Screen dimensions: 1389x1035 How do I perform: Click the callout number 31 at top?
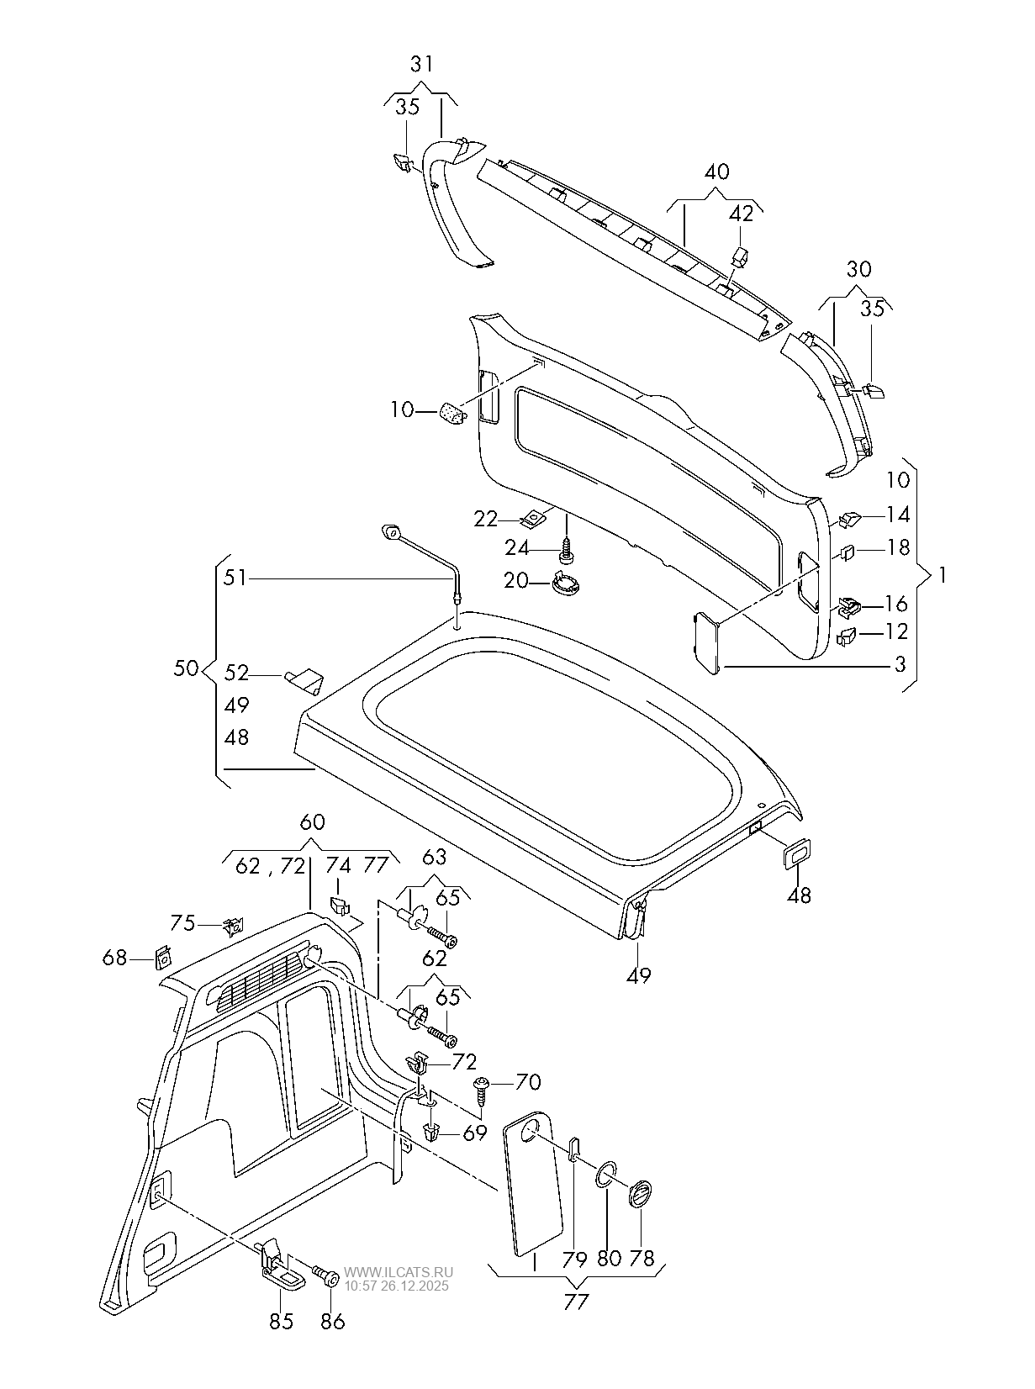point(423,64)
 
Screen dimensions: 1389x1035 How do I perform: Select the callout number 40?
point(716,172)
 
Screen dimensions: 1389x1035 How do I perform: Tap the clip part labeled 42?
point(741,256)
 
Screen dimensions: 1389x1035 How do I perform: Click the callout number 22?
point(485,520)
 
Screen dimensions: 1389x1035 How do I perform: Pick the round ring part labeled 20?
point(566,581)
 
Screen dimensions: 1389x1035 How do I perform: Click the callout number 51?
point(235,578)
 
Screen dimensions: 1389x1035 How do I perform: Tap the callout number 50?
point(186,669)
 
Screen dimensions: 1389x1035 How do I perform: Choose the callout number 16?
point(896,604)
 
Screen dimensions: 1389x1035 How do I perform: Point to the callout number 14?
point(897,515)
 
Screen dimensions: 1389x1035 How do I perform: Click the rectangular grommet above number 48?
point(795,853)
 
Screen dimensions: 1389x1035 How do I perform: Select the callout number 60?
point(312,822)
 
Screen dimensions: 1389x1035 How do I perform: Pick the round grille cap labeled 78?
point(641,1194)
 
